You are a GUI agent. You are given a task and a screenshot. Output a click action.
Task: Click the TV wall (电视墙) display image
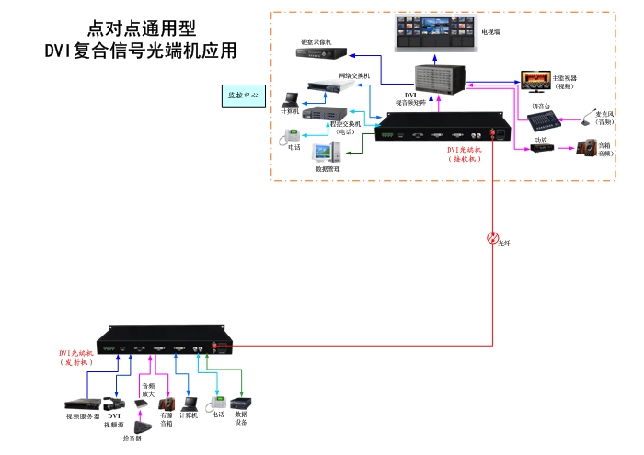coord(431,33)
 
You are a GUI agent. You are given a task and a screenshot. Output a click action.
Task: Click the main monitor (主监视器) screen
coord(534,79)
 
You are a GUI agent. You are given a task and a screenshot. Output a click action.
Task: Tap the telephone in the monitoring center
coord(287,139)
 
